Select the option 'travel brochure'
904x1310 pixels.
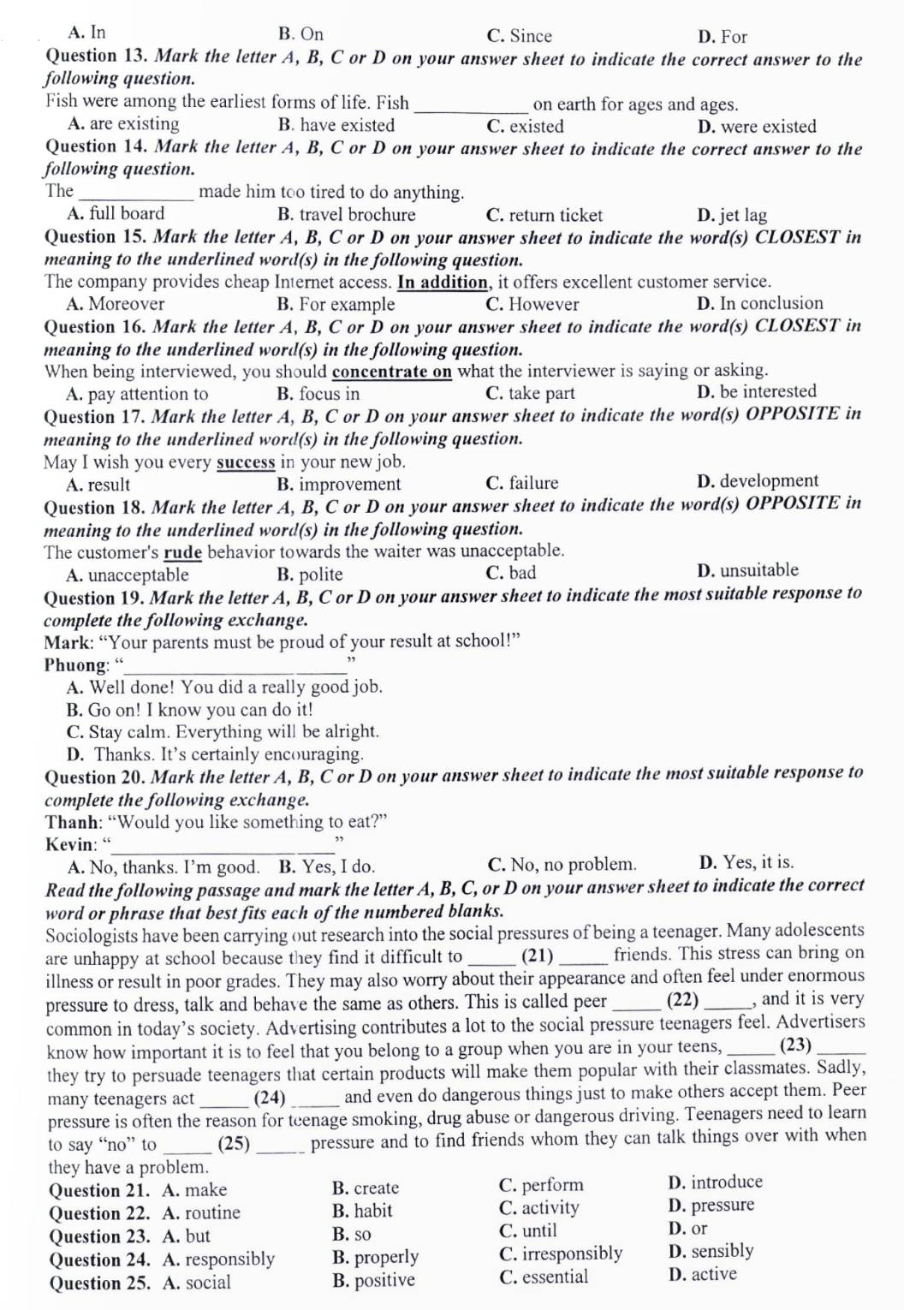347,215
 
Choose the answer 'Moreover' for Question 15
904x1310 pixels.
116,304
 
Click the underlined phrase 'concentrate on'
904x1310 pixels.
391,372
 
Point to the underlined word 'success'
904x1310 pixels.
246,462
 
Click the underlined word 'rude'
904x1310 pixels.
182,551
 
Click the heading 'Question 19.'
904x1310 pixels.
93,598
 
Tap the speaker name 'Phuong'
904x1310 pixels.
76,665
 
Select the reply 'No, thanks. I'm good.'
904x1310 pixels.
164,866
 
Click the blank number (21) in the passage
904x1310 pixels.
537,956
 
